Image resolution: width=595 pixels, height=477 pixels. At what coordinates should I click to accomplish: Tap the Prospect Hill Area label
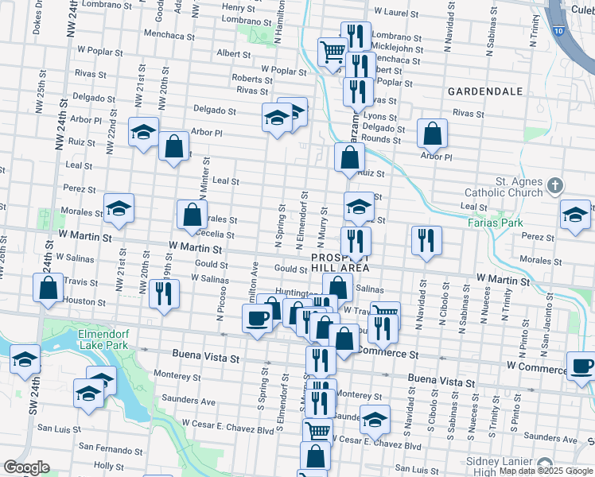point(340,263)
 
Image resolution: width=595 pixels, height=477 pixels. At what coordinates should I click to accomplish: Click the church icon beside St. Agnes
point(555,186)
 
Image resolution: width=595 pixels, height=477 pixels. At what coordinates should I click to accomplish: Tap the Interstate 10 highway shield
point(560,30)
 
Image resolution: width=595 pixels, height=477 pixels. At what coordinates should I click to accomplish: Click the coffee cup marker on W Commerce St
point(581,366)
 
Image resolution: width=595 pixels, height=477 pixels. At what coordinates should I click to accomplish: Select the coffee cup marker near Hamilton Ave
point(257,319)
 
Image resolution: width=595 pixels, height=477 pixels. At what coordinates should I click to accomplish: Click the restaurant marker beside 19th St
point(165,293)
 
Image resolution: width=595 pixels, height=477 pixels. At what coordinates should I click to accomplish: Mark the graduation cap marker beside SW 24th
point(25,359)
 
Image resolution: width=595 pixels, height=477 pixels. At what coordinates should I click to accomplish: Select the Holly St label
point(103,465)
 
